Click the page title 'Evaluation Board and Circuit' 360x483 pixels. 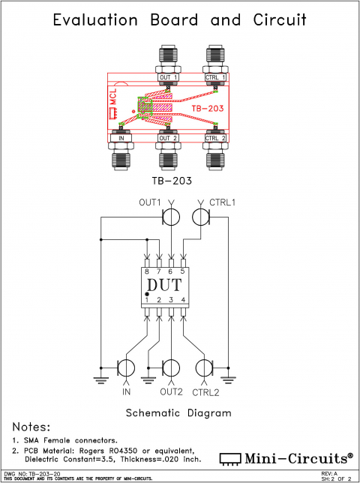180,20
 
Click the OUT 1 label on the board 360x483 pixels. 168,77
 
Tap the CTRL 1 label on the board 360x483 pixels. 216,77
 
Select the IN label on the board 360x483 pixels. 121,138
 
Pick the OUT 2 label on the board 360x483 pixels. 168,138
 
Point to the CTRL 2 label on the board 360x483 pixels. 216,138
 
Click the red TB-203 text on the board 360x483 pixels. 207,109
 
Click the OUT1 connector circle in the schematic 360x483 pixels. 172,217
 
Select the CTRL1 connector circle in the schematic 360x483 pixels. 201,217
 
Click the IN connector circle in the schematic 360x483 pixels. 126,368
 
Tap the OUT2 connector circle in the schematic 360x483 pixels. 172,368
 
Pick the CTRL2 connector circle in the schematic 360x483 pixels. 204,368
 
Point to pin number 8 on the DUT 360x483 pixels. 147,271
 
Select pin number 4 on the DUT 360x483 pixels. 183,300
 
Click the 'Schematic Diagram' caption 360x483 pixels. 178,412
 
